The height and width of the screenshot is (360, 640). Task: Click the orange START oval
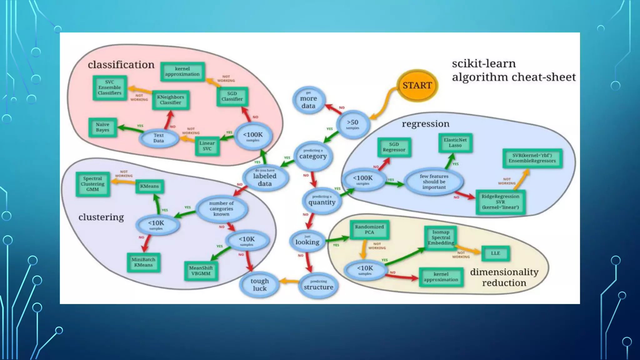coord(417,85)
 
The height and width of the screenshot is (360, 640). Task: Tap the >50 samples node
coord(353,124)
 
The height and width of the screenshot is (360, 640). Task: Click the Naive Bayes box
coord(102,127)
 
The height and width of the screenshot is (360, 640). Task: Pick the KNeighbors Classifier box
coord(170,100)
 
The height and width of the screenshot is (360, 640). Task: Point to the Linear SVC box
coord(207,146)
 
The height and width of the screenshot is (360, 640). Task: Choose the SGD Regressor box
coord(394,147)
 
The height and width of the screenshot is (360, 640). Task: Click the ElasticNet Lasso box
coord(455,143)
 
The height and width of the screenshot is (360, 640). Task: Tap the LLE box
coord(495,253)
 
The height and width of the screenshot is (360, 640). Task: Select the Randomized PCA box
coord(369,230)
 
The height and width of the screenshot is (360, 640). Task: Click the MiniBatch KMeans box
coord(143,262)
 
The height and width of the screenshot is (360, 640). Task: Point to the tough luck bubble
coord(259,285)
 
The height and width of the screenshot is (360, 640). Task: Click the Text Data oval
coord(158,138)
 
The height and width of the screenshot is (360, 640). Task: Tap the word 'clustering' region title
coord(101,217)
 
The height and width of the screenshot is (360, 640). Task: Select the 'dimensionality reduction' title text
coord(504,277)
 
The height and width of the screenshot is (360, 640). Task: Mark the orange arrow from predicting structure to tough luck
coord(289,282)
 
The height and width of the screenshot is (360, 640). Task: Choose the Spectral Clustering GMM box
coord(92,184)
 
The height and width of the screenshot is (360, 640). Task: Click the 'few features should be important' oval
coord(434,182)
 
